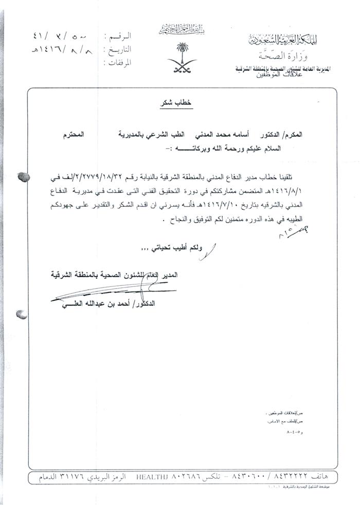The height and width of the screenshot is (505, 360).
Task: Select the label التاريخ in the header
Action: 119,50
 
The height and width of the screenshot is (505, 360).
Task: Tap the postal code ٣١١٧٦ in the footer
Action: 64,478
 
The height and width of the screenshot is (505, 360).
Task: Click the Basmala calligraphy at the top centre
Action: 180,26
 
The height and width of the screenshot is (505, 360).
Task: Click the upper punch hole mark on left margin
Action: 23,176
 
